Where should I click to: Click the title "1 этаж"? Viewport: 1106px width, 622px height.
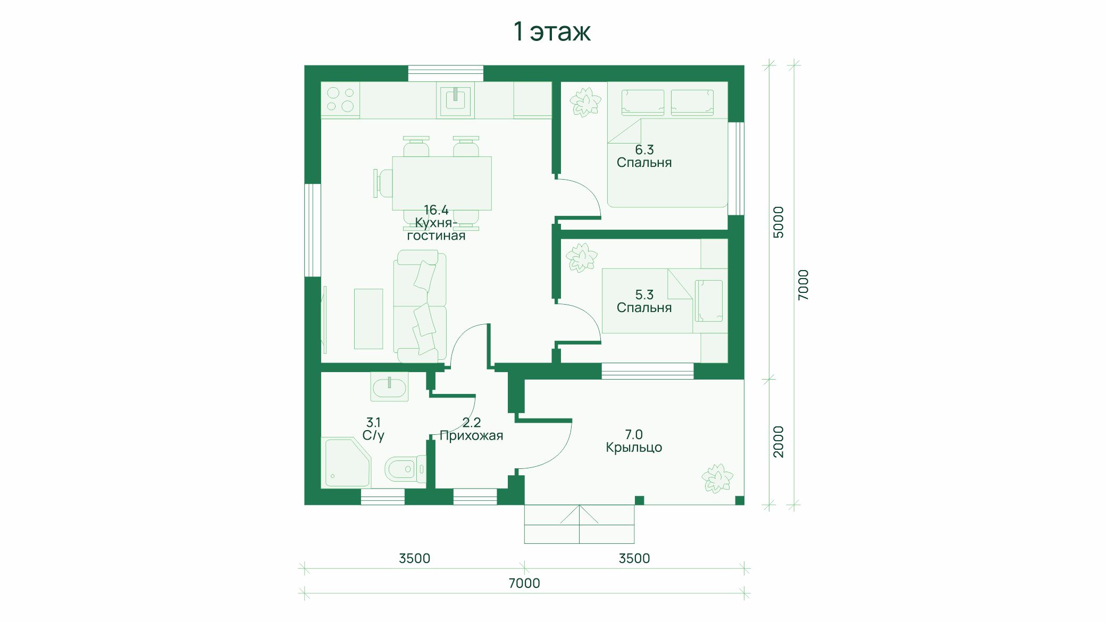pos(552,31)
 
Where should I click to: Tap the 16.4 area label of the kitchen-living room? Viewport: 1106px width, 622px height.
pos(436,210)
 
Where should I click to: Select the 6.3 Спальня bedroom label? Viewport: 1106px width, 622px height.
pos(644,156)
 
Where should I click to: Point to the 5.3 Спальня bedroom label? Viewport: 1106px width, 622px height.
pos(644,301)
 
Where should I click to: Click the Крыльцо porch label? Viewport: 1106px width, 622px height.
pos(634,448)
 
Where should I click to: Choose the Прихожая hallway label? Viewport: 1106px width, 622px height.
pos(471,436)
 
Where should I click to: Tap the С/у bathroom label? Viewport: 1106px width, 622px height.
pos(373,436)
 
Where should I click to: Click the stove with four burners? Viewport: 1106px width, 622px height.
pos(340,100)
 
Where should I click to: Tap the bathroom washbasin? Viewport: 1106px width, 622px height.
pos(390,386)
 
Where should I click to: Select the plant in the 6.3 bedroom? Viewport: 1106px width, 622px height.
pos(585,102)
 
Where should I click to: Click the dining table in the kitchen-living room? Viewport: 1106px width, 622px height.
pos(442,183)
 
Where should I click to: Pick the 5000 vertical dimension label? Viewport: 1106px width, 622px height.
pos(778,222)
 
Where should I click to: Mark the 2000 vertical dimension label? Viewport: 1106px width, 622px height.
pos(778,441)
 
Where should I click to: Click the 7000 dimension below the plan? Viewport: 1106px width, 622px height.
pos(524,583)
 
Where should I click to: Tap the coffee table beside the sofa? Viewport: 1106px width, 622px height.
pos(368,319)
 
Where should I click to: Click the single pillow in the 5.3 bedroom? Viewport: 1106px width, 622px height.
pos(709,301)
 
